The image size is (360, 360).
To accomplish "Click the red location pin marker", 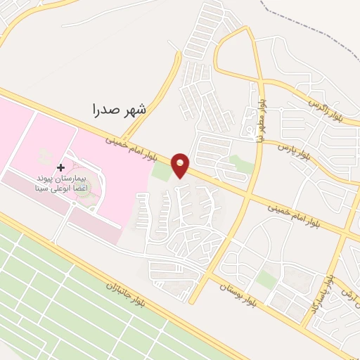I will (x=181, y=165).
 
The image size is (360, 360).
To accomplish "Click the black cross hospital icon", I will (x=60, y=167).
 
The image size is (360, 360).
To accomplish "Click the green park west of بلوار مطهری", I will (x=243, y=165).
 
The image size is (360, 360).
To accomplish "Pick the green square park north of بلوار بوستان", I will (x=266, y=279).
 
